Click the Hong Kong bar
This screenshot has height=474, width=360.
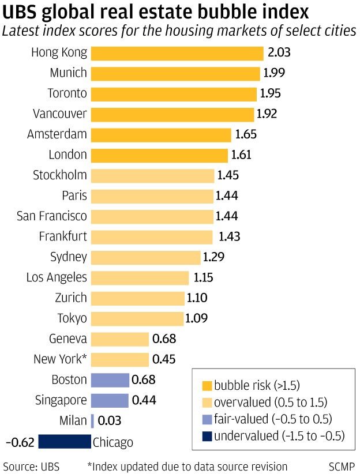coord(177,53)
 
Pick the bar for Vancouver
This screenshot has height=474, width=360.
coord(172,114)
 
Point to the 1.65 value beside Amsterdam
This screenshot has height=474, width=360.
coord(246,134)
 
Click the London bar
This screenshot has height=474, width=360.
coord(159,155)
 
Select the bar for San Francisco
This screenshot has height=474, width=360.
coord(152,216)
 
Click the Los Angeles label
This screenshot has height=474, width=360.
coord(57,277)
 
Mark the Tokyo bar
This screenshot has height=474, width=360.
coord(137,318)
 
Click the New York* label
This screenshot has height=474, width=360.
coord(60,359)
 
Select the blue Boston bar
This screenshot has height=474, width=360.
coord(110,379)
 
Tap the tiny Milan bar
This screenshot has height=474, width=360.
coord(92,421)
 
